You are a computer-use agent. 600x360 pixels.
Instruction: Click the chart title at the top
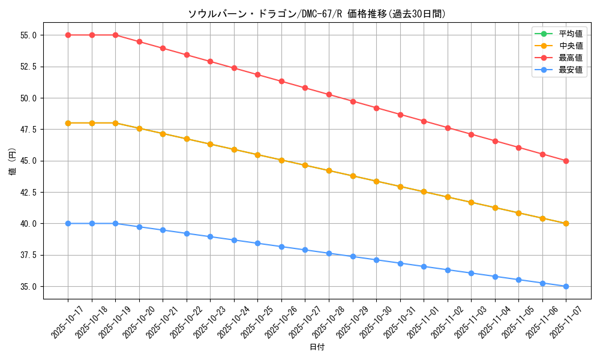tap(317, 14)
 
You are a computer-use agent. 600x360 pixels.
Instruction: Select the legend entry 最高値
tap(571, 58)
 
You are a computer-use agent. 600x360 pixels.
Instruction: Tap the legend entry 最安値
tap(571, 70)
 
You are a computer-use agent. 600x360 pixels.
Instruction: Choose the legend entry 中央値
tap(571, 46)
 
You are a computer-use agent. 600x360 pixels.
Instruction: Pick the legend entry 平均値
tap(571, 34)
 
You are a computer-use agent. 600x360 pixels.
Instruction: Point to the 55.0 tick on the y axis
tap(28, 35)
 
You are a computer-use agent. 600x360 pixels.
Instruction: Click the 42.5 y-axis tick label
tap(28, 193)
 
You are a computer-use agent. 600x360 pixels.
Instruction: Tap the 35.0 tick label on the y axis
tap(28, 287)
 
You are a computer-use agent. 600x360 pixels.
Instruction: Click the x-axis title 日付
tap(317, 347)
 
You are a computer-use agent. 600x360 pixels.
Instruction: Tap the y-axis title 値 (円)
tap(13, 161)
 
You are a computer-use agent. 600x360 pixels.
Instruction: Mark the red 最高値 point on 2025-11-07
tap(566, 161)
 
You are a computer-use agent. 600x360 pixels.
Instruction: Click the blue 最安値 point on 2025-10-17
tap(68, 223)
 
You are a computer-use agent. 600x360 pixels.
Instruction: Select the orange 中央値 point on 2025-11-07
tap(566, 223)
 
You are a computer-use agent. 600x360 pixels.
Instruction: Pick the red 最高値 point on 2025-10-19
tap(115, 35)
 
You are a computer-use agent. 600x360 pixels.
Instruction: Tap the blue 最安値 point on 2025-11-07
tap(566, 286)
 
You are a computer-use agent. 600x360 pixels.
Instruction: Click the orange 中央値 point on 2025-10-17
tap(68, 123)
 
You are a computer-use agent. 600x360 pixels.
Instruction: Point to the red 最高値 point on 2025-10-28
tap(329, 94)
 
